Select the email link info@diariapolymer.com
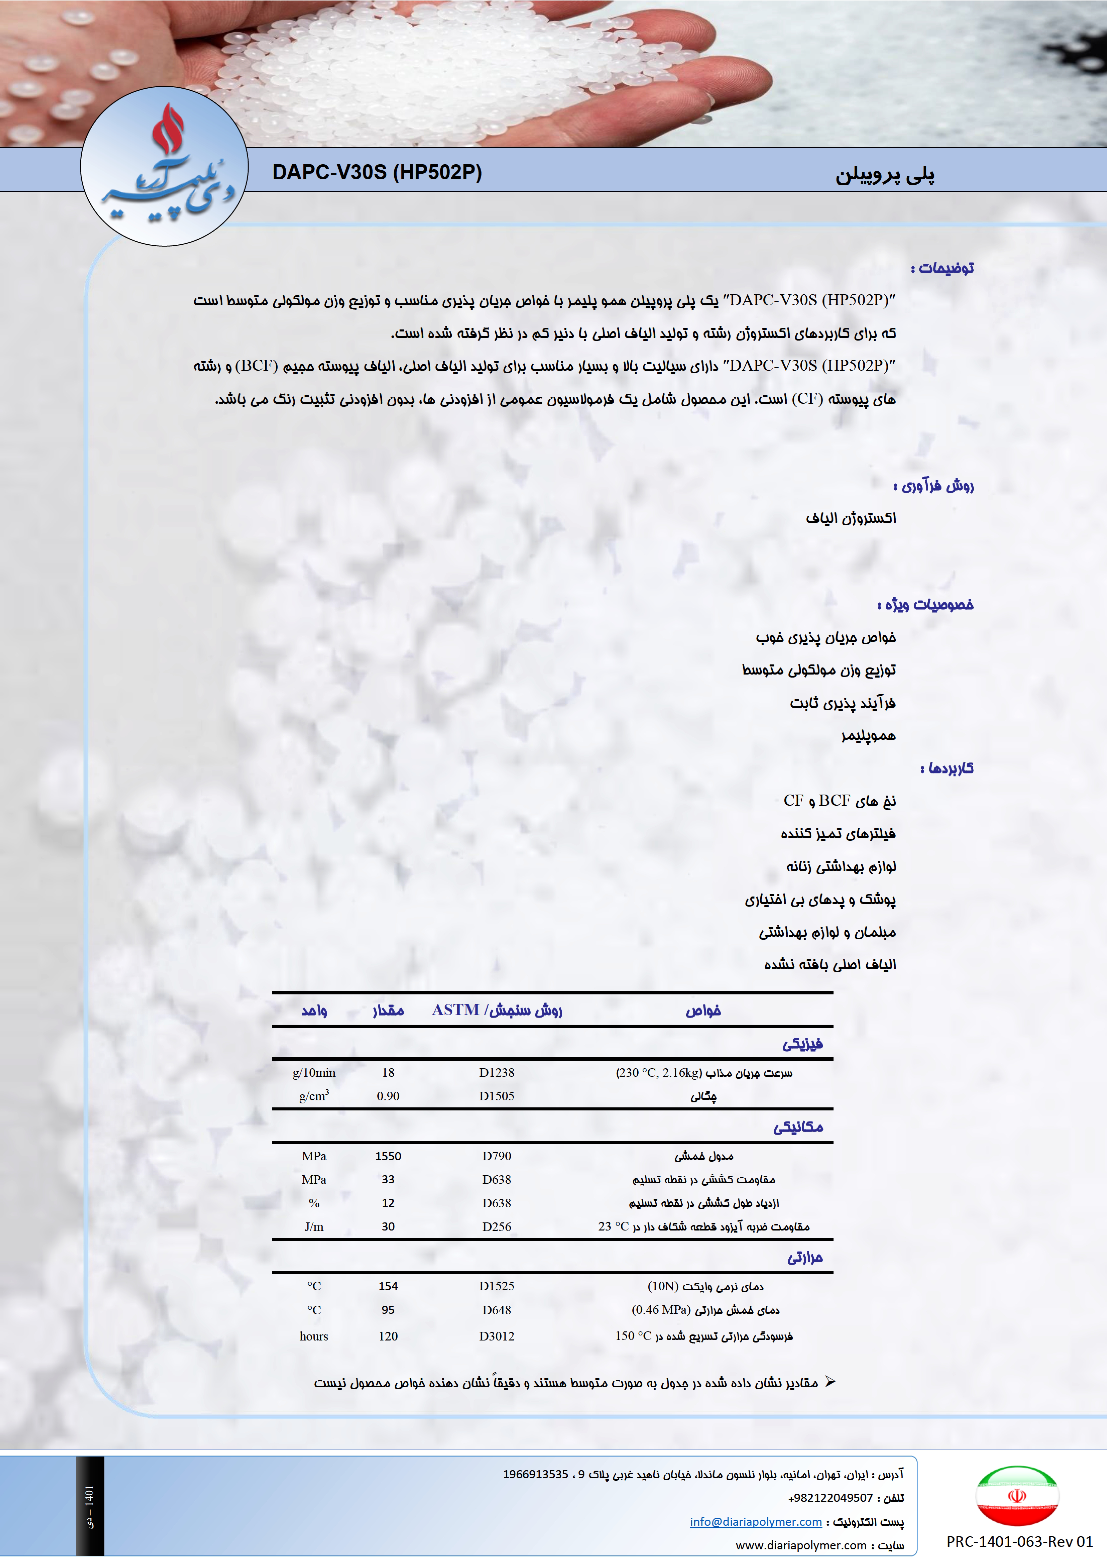coord(756,1522)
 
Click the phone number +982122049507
coord(830,1498)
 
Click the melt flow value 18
coord(388,1073)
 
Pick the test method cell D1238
coord(497,1073)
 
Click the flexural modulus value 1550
coord(388,1156)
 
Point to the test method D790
coord(497,1156)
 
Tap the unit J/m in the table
coord(314,1227)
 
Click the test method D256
coord(497,1227)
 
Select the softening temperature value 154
coord(388,1286)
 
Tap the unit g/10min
coord(314,1073)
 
